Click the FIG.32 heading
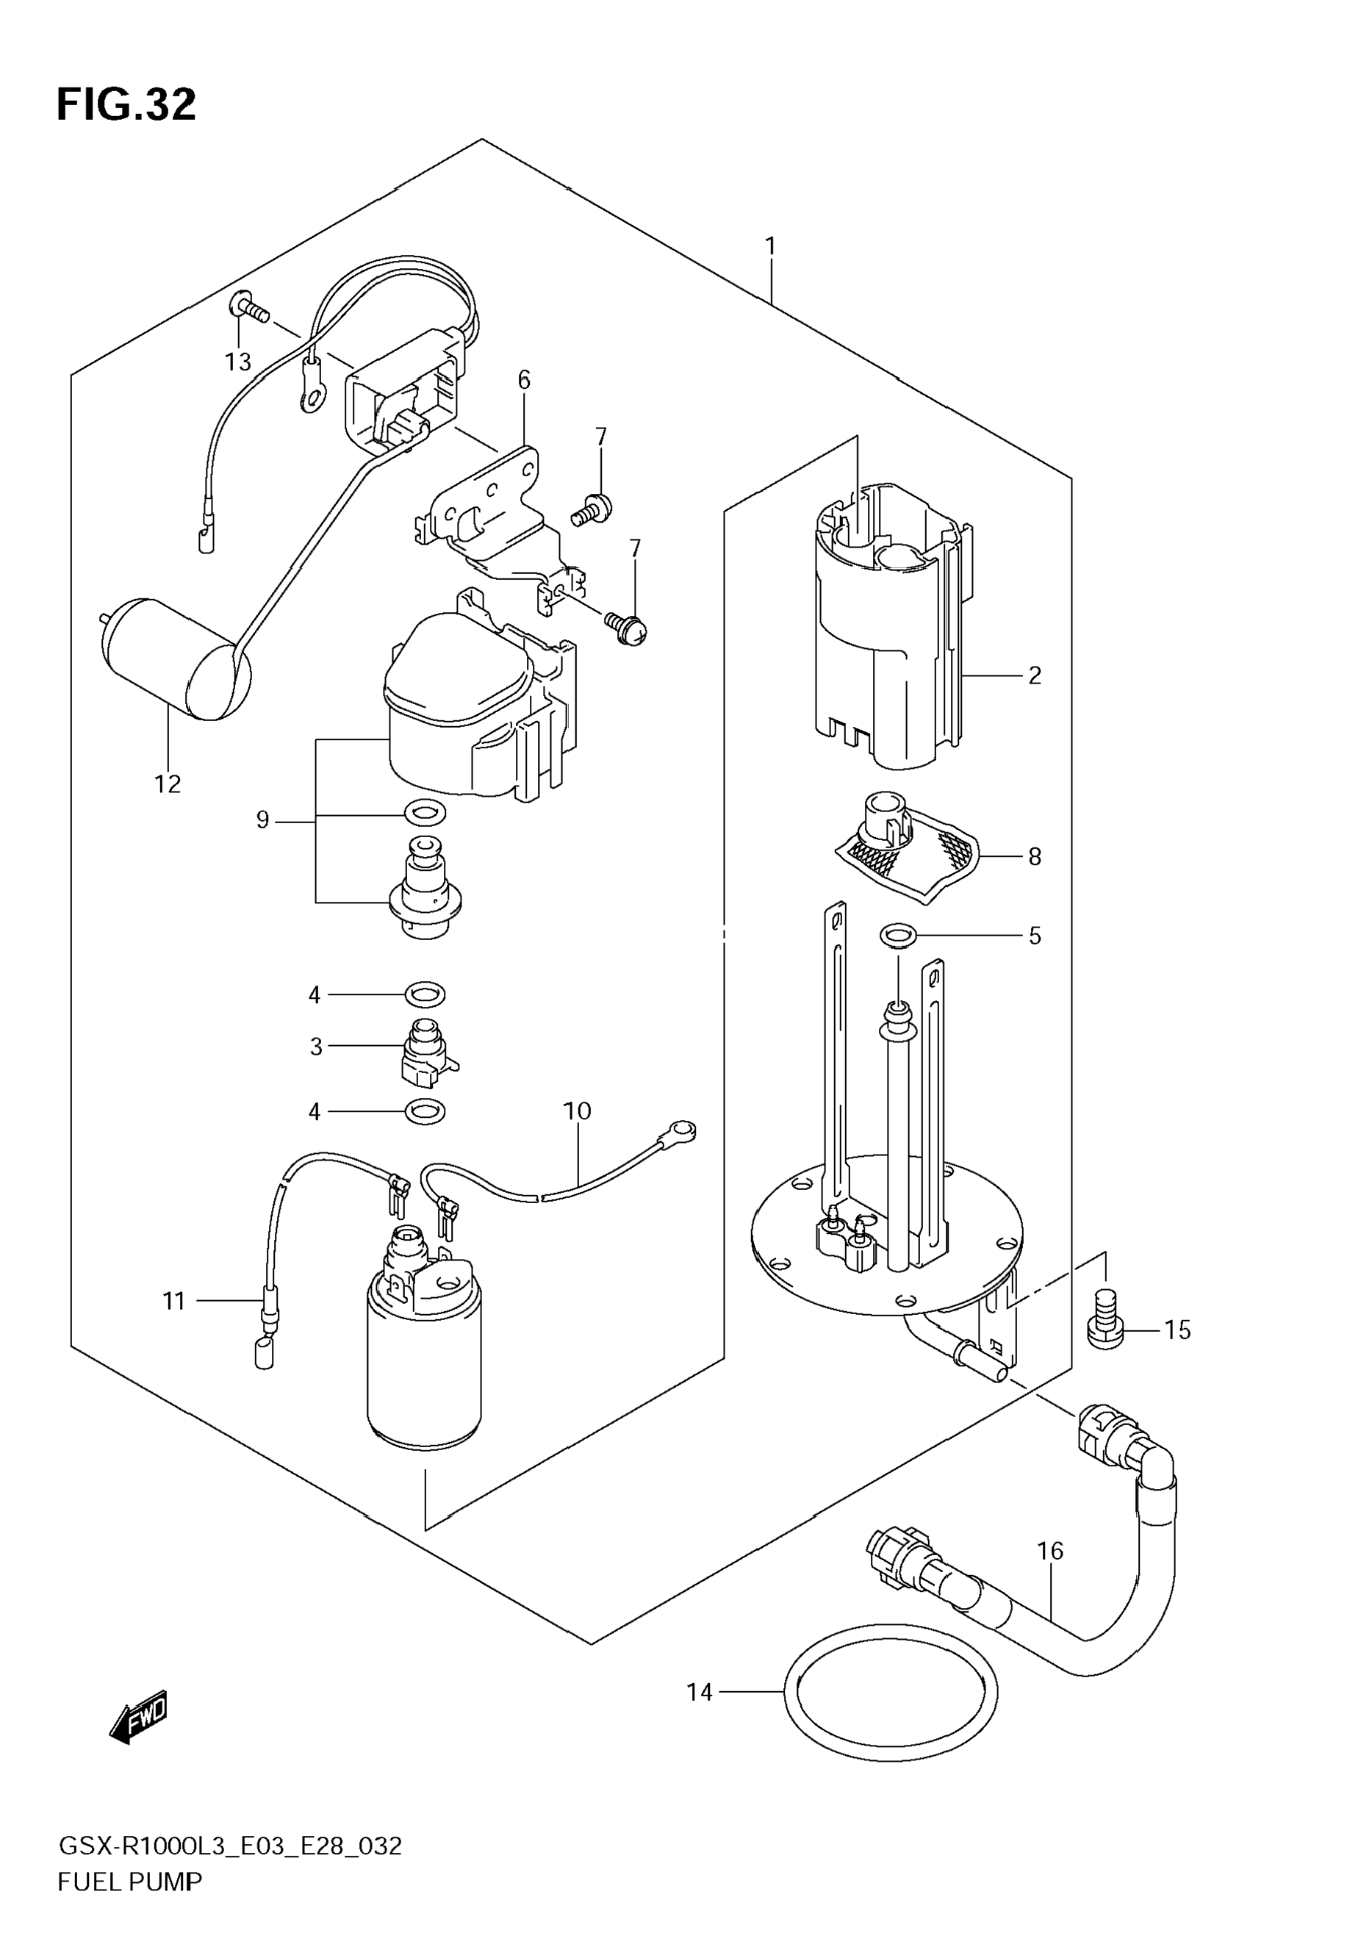coord(126,105)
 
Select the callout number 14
coord(699,1693)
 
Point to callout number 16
coord(1049,1551)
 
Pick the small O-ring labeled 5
coord(899,936)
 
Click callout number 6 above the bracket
coord(524,381)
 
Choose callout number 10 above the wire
coord(577,1111)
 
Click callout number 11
coord(173,1300)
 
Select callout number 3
coord(316,1047)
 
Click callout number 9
coord(262,819)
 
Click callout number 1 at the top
coord(770,246)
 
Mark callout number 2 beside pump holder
coord(1034,675)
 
